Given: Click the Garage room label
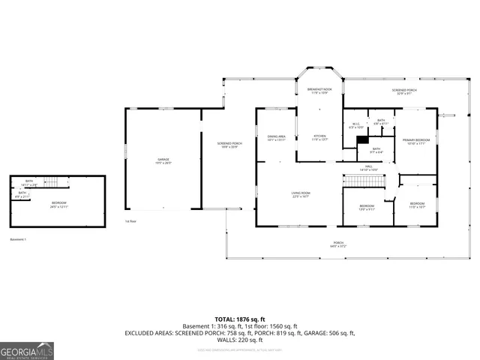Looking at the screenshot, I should click(163, 160).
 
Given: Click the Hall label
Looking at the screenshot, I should click(369, 168).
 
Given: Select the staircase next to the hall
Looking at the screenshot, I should click(364, 180).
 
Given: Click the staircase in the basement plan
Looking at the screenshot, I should click(51, 182).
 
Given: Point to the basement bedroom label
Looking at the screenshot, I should click(58, 204).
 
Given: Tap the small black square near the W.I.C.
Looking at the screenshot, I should click(362, 139).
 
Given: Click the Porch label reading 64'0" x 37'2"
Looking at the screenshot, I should click(339, 244).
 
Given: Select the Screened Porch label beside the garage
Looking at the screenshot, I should click(229, 145).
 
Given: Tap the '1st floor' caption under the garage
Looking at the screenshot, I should click(131, 221).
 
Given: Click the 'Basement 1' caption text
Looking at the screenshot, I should click(18, 239).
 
